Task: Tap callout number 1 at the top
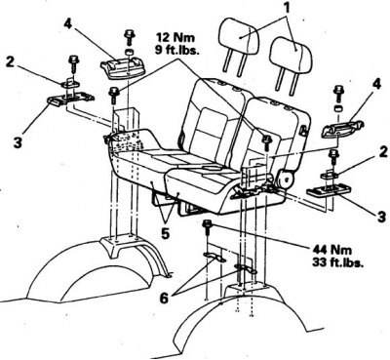287,7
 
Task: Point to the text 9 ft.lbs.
177,51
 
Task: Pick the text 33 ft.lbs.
337,262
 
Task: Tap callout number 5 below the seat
165,234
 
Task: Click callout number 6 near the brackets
165,299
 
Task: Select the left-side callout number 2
11,62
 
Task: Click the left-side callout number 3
18,142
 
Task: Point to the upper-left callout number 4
67,24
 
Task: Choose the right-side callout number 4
375,85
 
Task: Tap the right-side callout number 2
384,152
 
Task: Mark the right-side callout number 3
382,217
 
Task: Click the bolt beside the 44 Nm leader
206,228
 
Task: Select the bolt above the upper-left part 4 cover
130,37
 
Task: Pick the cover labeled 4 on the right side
342,129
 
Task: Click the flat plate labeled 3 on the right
329,190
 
